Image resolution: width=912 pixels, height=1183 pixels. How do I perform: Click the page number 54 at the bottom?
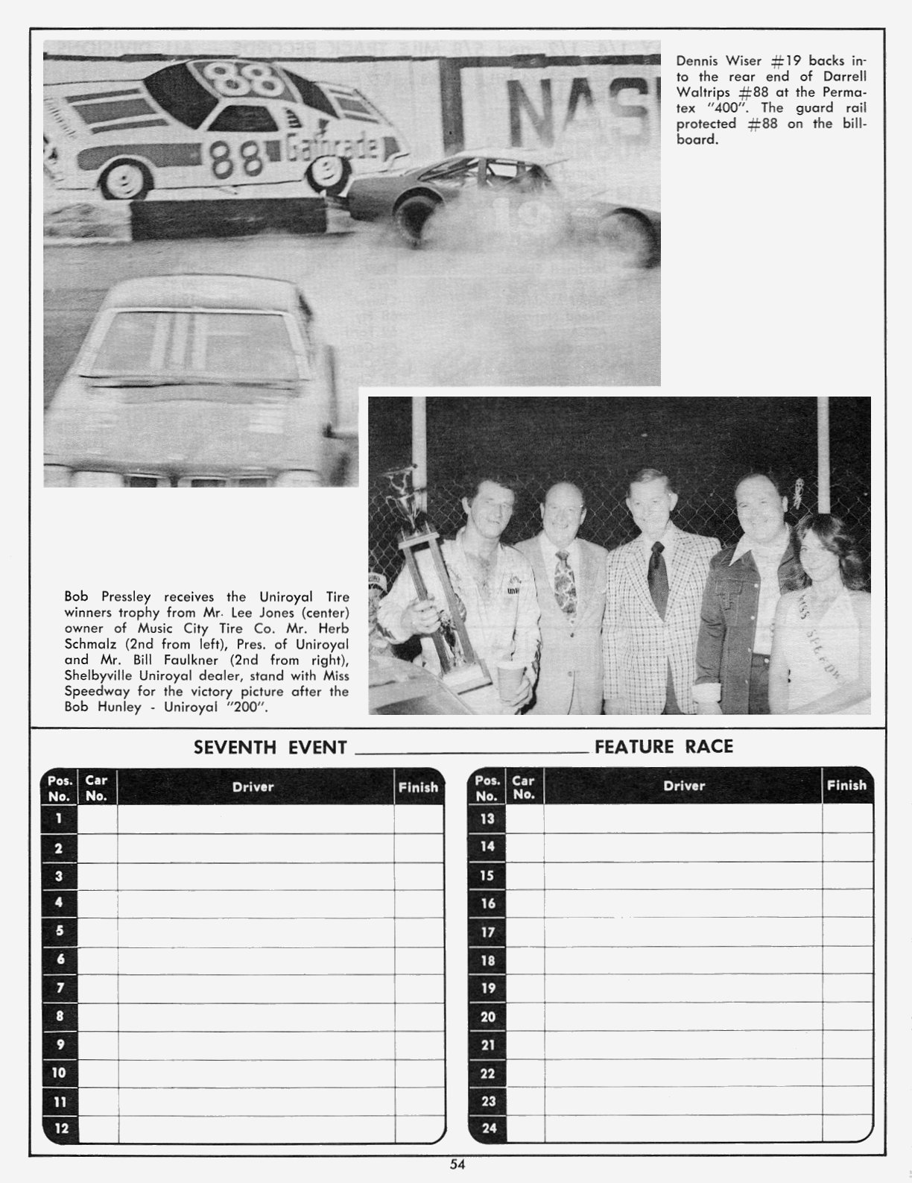(x=457, y=1164)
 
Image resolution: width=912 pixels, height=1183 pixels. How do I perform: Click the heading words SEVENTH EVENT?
(x=270, y=747)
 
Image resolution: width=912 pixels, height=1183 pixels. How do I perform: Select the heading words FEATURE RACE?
(x=664, y=746)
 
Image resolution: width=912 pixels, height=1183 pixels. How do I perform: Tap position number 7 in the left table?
(x=60, y=988)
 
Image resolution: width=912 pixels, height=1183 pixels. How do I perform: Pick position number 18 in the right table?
(x=487, y=960)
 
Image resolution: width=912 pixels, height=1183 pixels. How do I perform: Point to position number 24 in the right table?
(x=488, y=1128)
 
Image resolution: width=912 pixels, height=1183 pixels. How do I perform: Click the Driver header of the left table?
(x=253, y=786)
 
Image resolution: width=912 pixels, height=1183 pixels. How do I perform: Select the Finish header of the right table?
(x=846, y=785)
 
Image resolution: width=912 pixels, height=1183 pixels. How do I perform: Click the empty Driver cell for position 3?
(x=255, y=877)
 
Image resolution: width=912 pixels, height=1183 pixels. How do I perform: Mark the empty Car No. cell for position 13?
(x=524, y=818)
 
